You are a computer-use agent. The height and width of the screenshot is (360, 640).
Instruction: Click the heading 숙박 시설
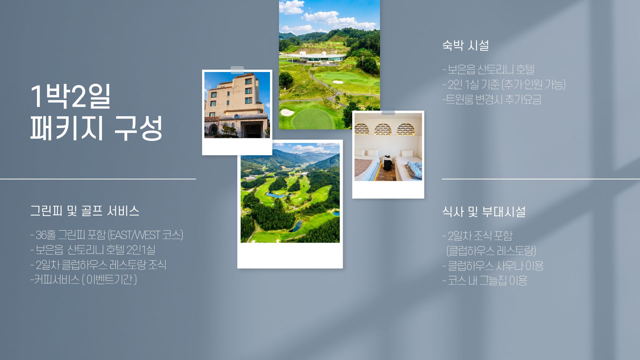(465, 45)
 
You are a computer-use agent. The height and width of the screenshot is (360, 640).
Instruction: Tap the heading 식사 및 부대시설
(484, 212)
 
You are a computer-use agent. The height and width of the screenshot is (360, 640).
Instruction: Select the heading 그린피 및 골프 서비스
(85, 211)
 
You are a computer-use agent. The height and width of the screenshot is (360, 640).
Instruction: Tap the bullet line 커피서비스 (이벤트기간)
(84, 279)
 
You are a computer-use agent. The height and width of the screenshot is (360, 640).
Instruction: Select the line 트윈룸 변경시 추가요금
(492, 99)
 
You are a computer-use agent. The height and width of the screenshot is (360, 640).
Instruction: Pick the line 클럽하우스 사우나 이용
(493, 266)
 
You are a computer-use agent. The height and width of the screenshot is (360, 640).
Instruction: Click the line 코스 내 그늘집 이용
(485, 280)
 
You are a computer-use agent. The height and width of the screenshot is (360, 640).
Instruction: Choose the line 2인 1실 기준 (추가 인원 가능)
(504, 85)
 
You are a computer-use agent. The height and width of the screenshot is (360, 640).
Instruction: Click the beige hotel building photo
(237, 105)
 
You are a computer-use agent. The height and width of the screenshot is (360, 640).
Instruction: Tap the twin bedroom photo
(388, 147)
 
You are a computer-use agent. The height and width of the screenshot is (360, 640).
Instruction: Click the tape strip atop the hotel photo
(237, 70)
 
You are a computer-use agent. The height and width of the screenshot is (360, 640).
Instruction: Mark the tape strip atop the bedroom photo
(388, 113)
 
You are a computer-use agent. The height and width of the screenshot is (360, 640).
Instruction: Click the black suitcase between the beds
(387, 163)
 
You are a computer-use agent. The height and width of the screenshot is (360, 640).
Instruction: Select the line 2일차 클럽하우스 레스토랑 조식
(98, 265)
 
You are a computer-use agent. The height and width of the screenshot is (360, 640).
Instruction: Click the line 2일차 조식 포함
(478, 236)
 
